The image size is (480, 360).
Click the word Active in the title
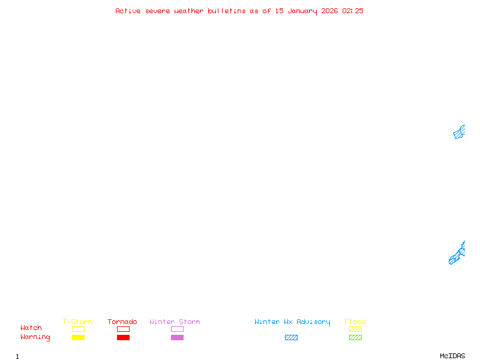(x=128, y=11)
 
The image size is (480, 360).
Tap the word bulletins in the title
(x=227, y=11)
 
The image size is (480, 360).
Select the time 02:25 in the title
(x=353, y=11)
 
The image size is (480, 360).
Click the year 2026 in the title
(x=329, y=11)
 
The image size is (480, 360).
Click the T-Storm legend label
(x=77, y=322)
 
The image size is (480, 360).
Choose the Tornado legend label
(x=122, y=322)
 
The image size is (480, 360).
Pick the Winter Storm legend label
(x=175, y=322)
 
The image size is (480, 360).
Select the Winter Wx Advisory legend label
(x=292, y=322)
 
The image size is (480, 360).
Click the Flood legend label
(x=355, y=322)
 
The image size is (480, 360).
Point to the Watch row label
(x=31, y=328)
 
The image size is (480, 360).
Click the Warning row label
(x=35, y=337)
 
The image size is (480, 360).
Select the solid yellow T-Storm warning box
(x=78, y=338)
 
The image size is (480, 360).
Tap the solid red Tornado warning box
(x=123, y=338)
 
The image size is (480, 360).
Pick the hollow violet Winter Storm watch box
(x=177, y=329)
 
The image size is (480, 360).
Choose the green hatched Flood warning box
(x=355, y=338)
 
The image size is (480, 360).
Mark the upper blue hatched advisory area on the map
(x=459, y=132)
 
